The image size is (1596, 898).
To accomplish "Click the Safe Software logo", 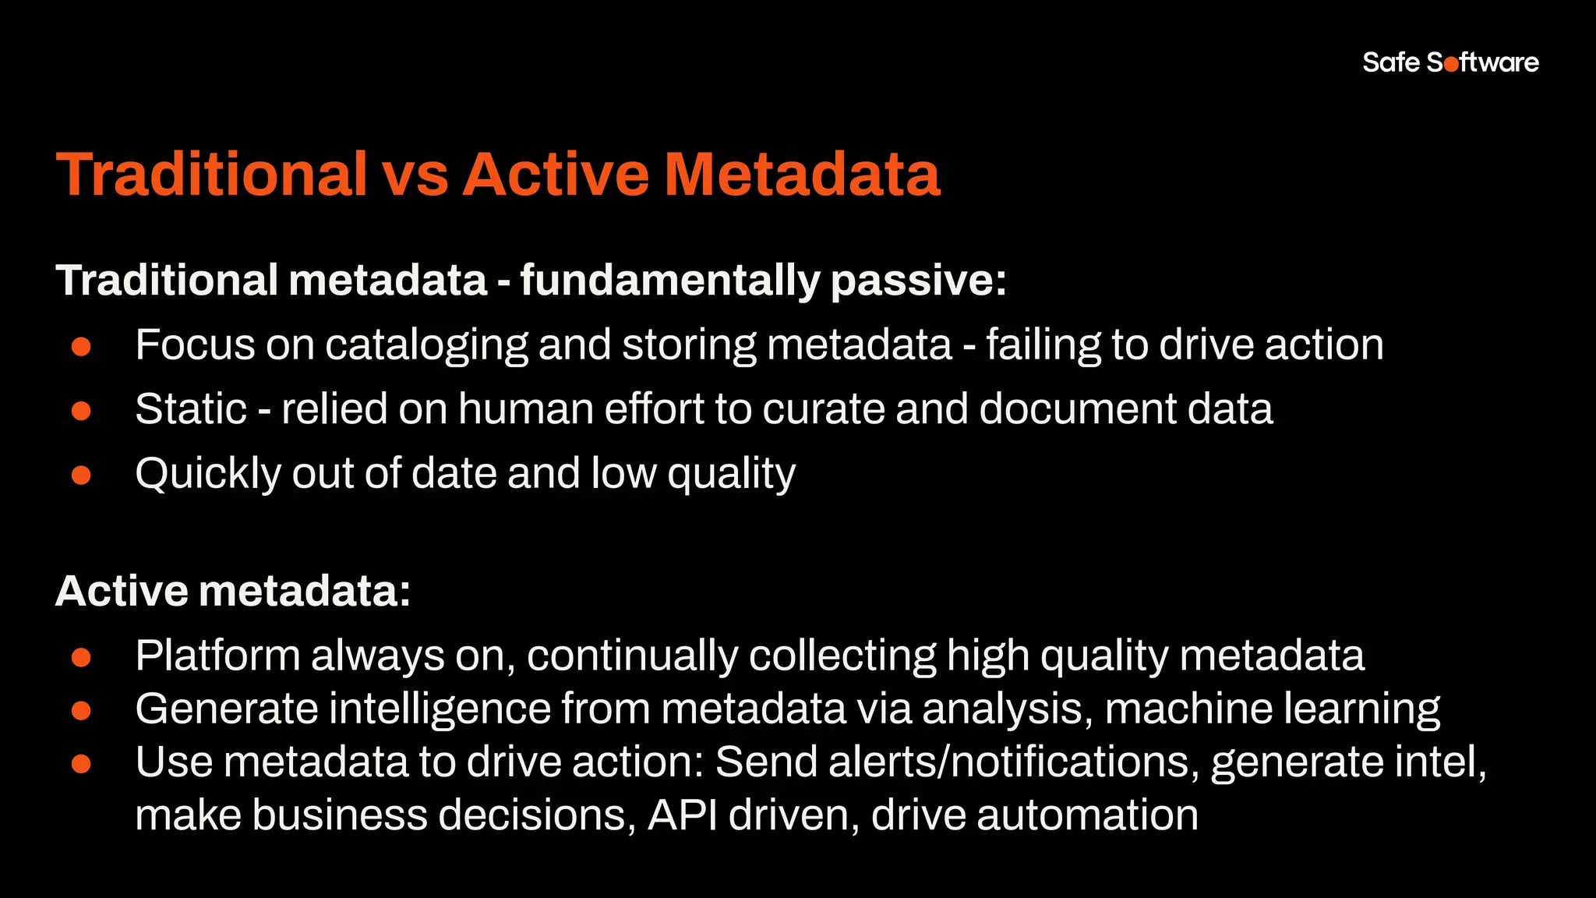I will click(x=1450, y=62).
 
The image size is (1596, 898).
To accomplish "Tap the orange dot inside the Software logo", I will click(x=1450, y=65).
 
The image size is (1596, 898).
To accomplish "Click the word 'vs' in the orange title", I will click(x=415, y=174).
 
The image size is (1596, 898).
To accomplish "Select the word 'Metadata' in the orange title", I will click(x=802, y=174).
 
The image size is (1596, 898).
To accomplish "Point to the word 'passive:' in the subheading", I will click(x=918, y=281).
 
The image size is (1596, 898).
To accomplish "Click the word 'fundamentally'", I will click(x=669, y=281).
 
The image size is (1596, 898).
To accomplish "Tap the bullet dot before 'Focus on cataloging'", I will click(x=81, y=346).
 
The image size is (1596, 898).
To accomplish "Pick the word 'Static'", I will click(x=191, y=409).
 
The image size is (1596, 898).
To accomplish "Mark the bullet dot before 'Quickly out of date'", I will click(x=81, y=475).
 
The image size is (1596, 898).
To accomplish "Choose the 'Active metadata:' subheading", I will click(x=233, y=591).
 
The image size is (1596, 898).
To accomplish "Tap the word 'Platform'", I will click(x=217, y=656).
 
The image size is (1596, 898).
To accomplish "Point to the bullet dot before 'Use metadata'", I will click(x=81, y=764).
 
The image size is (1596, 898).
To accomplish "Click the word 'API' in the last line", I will click(x=683, y=815).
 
